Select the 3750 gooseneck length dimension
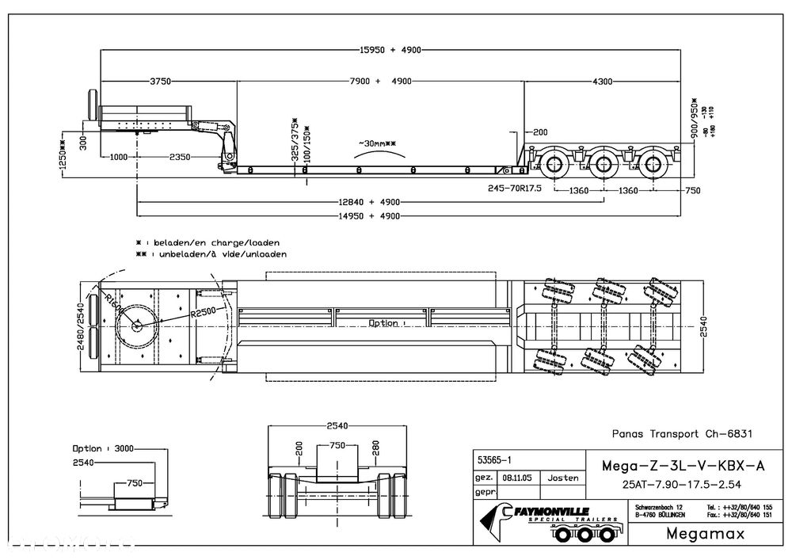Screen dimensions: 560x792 [161, 82]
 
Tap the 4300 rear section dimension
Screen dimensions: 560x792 [602, 82]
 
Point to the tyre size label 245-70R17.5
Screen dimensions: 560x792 [516, 189]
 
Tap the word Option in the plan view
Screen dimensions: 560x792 [384, 323]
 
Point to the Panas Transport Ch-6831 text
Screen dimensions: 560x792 [682, 433]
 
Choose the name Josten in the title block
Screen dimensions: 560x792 [564, 478]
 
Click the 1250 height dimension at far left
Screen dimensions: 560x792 [62, 158]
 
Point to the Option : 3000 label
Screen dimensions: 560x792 [101, 448]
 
